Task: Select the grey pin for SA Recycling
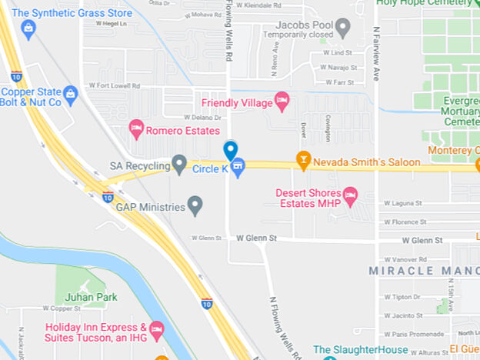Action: (x=179, y=164)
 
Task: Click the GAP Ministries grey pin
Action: (x=195, y=205)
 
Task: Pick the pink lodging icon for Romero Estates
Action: (x=136, y=128)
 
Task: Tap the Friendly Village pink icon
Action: (x=282, y=101)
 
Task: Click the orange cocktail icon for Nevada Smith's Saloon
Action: (x=303, y=161)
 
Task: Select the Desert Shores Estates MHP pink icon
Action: (x=350, y=196)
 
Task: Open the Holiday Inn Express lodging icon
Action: (x=157, y=331)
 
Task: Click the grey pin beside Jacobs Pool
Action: (x=343, y=29)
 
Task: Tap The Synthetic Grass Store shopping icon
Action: (x=28, y=29)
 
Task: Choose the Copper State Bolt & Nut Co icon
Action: (x=71, y=95)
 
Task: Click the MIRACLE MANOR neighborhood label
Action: (x=424, y=271)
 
